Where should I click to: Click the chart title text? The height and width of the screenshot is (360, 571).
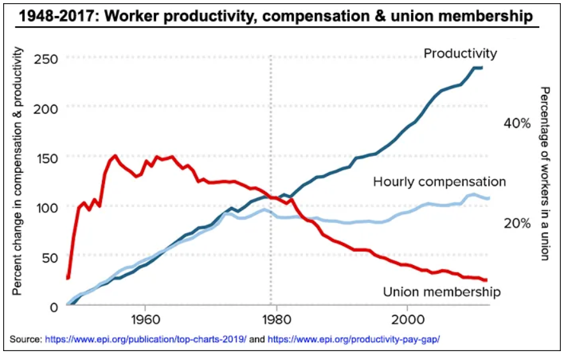coord(276,16)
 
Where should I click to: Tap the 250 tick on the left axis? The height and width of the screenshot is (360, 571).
coord(46,59)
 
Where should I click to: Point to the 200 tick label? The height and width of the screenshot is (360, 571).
coord(46,108)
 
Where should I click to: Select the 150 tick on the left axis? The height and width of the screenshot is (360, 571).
coord(47,159)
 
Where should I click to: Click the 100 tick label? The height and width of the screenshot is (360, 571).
coord(47,208)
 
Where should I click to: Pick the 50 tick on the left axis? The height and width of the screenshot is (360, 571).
coord(50,257)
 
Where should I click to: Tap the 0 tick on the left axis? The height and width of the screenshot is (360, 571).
coord(54,307)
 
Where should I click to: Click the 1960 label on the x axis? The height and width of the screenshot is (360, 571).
coord(145,320)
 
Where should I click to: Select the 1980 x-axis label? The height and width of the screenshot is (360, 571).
coord(276,320)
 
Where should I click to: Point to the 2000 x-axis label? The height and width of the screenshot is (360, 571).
coord(408,320)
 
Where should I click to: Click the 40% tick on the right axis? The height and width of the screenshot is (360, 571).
coord(517,124)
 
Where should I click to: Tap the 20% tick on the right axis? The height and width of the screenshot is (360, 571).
coord(517,223)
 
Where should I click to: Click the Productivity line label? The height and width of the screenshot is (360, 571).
coord(460,54)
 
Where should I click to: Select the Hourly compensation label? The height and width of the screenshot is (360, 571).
coord(440,182)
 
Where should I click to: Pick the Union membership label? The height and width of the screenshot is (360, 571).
coord(442,292)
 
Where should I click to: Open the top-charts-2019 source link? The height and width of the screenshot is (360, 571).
coord(146,339)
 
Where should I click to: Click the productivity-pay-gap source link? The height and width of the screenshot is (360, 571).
coord(354,339)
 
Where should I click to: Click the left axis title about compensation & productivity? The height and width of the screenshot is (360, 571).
coord(17,171)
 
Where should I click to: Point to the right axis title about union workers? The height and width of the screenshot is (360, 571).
coord(544,174)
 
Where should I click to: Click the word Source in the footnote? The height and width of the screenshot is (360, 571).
coord(26,339)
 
